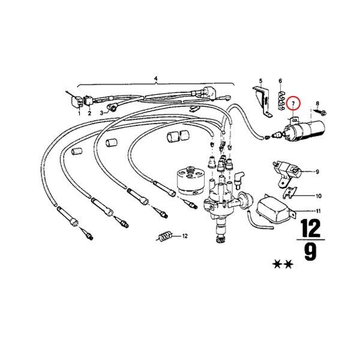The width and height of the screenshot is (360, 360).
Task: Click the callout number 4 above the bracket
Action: tap(155, 79)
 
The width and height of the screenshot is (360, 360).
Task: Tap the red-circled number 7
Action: tap(293, 104)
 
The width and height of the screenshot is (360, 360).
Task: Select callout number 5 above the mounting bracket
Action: tap(261, 80)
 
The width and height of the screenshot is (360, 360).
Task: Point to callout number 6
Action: tap(280, 80)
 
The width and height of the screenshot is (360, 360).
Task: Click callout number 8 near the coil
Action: tap(318, 104)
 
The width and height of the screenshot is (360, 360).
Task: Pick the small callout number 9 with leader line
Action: tap(317, 172)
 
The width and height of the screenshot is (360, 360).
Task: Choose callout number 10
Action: tap(319, 196)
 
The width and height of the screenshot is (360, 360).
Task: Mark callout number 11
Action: tap(318, 211)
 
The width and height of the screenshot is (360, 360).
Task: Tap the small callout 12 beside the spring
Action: tap(185, 236)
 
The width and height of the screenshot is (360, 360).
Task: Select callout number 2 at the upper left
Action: tap(90, 113)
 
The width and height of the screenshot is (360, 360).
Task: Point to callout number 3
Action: tap(103, 112)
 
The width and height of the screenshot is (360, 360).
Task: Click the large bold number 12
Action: tap(311, 227)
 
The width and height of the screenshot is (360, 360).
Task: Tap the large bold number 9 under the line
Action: tap(310, 252)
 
